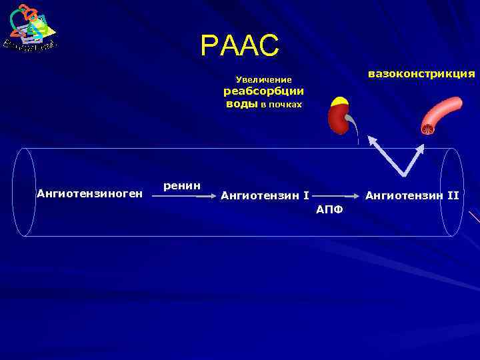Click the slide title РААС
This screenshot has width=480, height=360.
(239, 46)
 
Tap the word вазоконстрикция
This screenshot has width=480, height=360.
(421, 73)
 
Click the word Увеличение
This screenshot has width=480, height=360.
(264, 80)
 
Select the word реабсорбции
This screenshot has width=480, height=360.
(263, 92)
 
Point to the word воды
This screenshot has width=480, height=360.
(241, 104)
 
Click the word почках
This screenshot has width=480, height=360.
(286, 105)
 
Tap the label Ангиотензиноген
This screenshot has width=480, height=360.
(89, 194)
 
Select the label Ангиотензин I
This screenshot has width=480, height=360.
(265, 196)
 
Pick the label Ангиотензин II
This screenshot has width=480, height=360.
(412, 196)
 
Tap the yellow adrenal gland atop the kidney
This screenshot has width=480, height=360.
(340, 102)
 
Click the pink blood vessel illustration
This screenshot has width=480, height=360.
(441, 113)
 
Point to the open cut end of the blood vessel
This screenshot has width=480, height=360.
(427, 128)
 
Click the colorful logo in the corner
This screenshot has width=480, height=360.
(30, 28)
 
